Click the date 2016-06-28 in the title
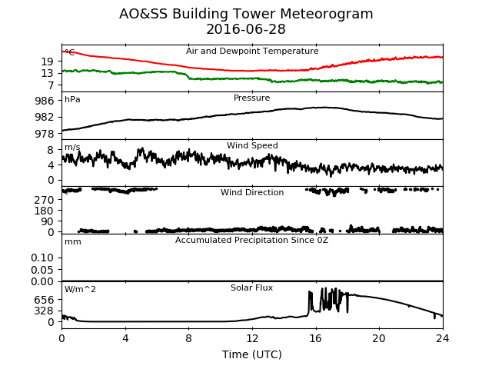pyautogui.click(x=246, y=29)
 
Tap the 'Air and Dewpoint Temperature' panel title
pyautogui.click(x=252, y=51)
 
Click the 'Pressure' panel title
pyautogui.click(x=251, y=98)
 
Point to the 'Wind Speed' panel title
pyautogui.click(x=252, y=145)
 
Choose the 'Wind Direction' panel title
pyautogui.click(x=252, y=192)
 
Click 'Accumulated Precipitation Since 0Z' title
pyautogui.click(x=251, y=241)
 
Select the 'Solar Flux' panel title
pyautogui.click(x=251, y=288)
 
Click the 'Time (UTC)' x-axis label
pyautogui.click(x=252, y=354)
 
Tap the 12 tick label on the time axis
pyautogui.click(x=252, y=338)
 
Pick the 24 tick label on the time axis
pyautogui.click(x=443, y=338)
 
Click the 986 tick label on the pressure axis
pyautogui.click(x=45, y=101)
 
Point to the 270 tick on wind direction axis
pyautogui.click(x=45, y=200)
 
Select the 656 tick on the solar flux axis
pyautogui.click(x=45, y=300)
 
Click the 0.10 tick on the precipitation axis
pyautogui.click(x=42, y=258)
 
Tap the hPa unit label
pyautogui.click(x=72, y=100)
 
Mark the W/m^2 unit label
pyautogui.click(x=80, y=289)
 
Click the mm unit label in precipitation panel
pyautogui.click(x=73, y=242)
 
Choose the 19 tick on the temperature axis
pyautogui.click(x=48, y=61)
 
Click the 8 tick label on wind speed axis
pyautogui.click(x=51, y=150)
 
